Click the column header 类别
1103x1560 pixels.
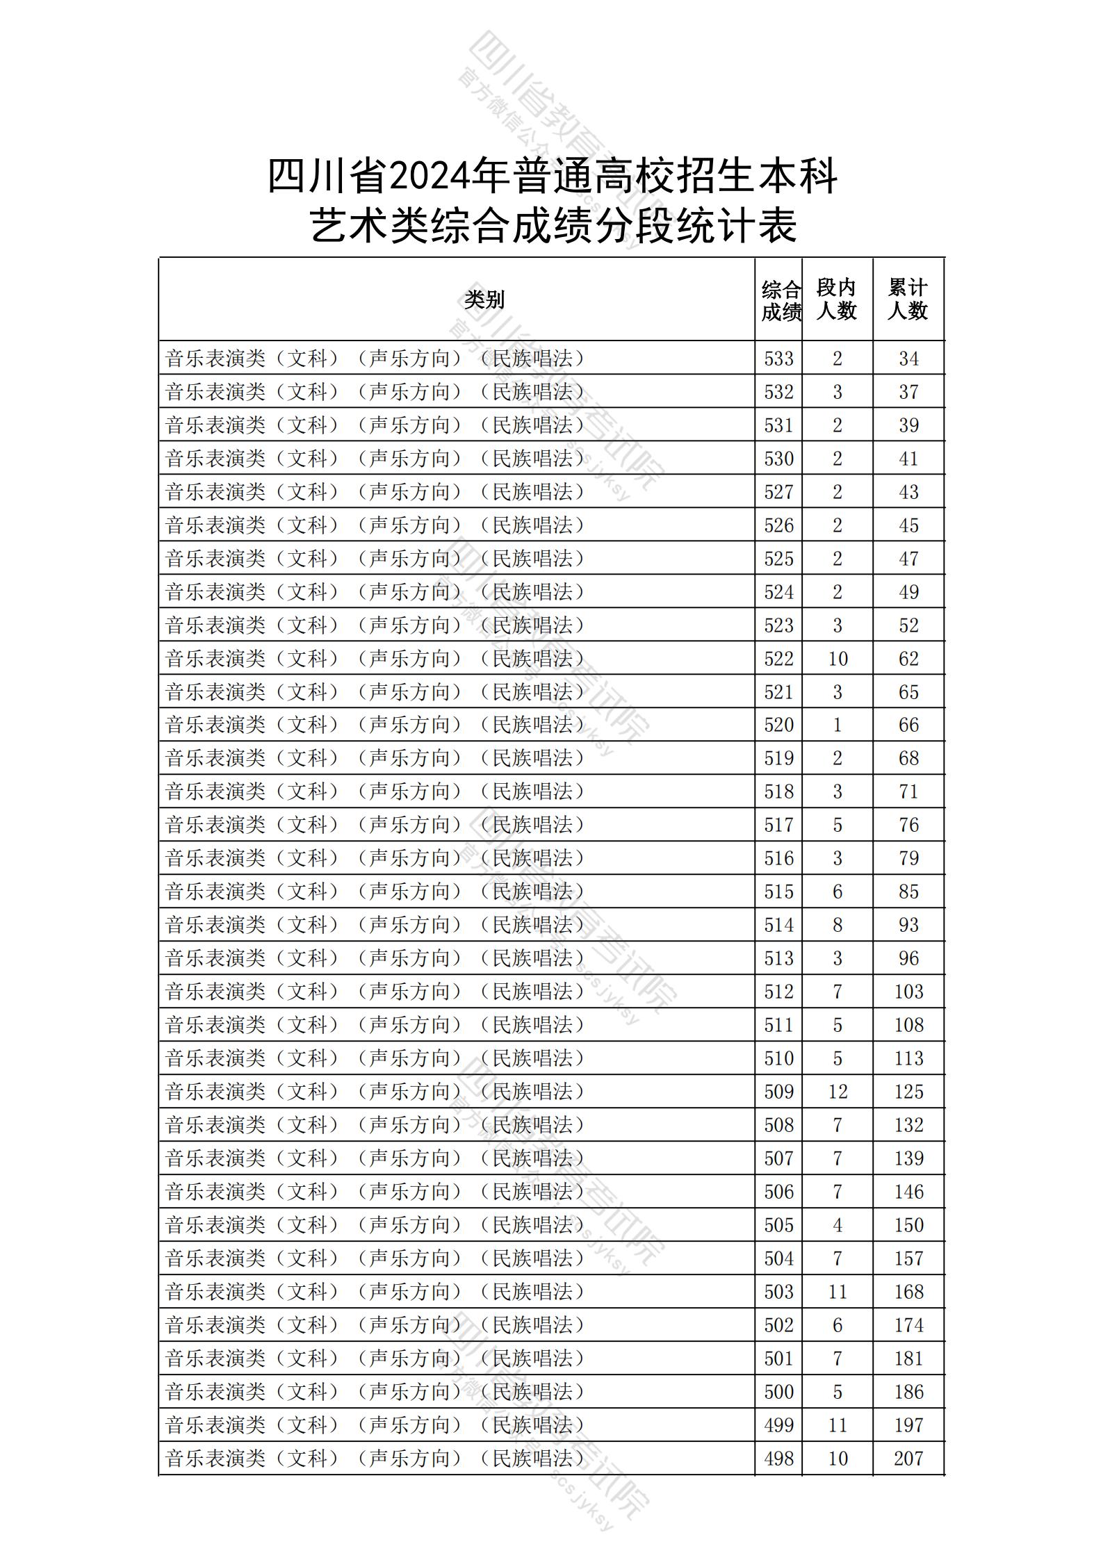pos(484,299)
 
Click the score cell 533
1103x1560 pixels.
pos(778,359)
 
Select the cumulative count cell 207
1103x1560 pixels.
pos(908,1458)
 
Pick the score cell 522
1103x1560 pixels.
pos(778,658)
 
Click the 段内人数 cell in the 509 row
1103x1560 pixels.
pos(838,1091)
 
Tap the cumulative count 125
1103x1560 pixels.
pos(908,1091)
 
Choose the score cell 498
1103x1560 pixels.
pos(778,1458)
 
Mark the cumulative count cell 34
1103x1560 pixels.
pos(908,359)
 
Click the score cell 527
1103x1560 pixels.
pos(778,492)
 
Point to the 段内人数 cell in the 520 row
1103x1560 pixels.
pos(838,725)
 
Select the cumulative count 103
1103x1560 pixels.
pos(908,992)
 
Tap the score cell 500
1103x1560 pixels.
pos(778,1391)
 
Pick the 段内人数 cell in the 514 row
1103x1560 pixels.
pos(838,925)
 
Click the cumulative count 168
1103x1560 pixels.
pos(908,1291)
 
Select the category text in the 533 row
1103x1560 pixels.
pos(375,359)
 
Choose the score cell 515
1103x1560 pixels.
pos(778,892)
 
